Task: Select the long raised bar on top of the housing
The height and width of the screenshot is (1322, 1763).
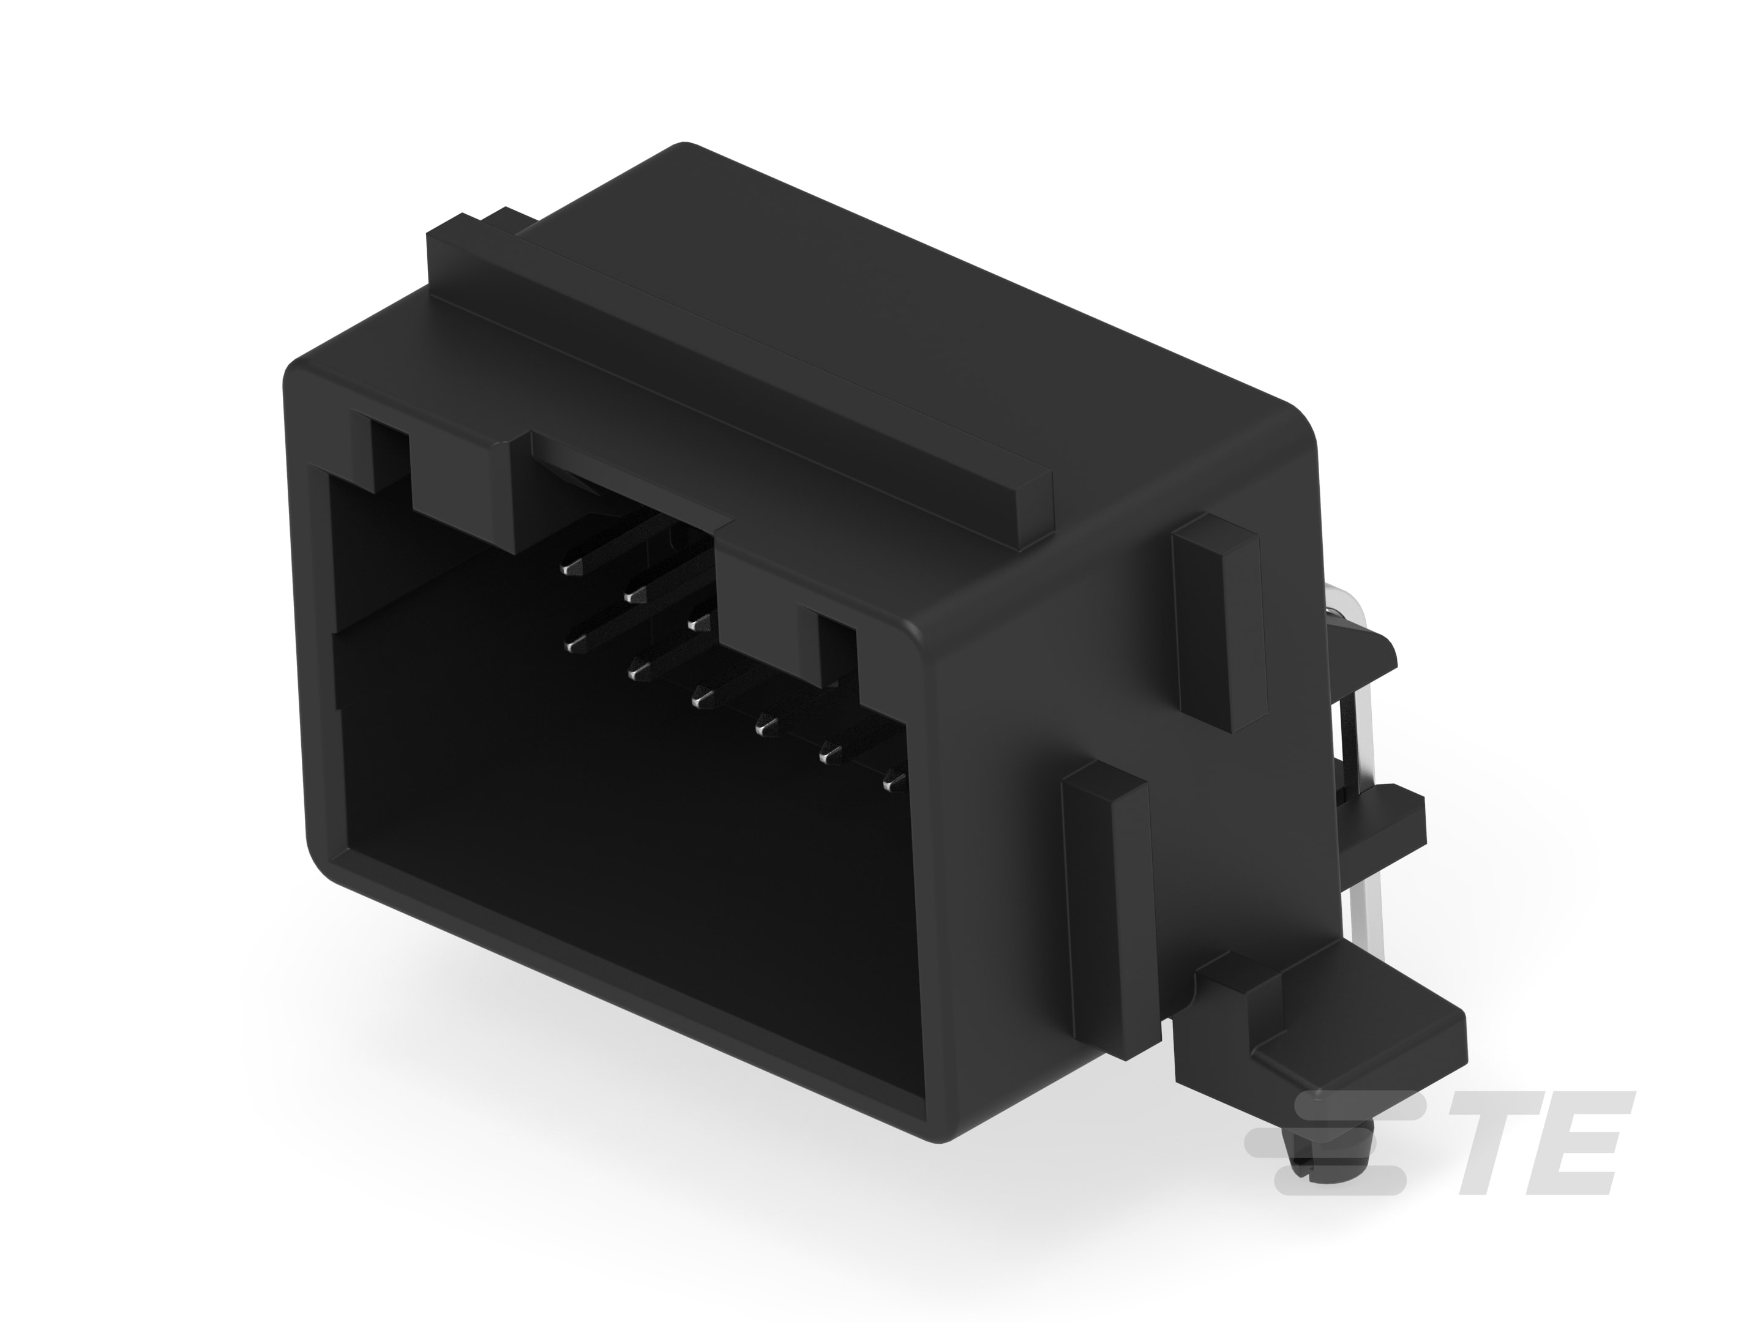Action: point(741,375)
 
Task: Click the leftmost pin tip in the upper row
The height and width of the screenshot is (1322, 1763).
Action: point(571,568)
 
